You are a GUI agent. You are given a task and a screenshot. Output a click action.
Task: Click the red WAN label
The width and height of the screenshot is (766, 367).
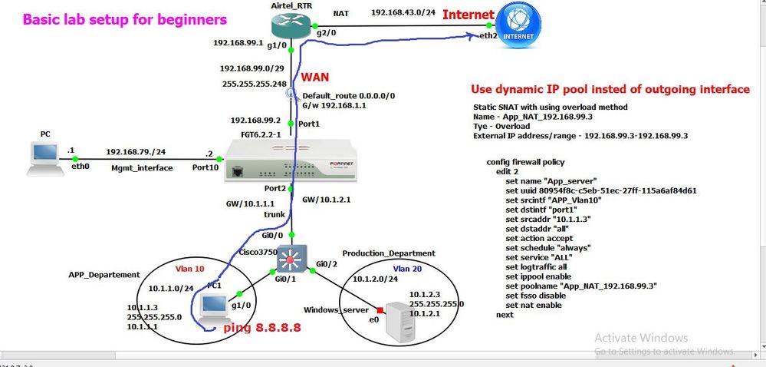(x=316, y=78)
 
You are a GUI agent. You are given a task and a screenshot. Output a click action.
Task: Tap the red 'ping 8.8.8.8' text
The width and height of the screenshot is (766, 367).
(x=261, y=329)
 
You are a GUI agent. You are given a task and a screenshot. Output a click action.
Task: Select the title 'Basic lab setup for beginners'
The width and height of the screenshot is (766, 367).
(x=125, y=18)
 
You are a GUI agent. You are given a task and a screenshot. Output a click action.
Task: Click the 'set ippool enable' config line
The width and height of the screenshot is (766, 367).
(x=544, y=274)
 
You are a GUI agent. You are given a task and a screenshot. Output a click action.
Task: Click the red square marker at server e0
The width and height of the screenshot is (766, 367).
(x=380, y=309)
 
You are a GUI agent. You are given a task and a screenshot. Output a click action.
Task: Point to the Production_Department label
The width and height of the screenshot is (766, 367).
(x=389, y=253)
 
